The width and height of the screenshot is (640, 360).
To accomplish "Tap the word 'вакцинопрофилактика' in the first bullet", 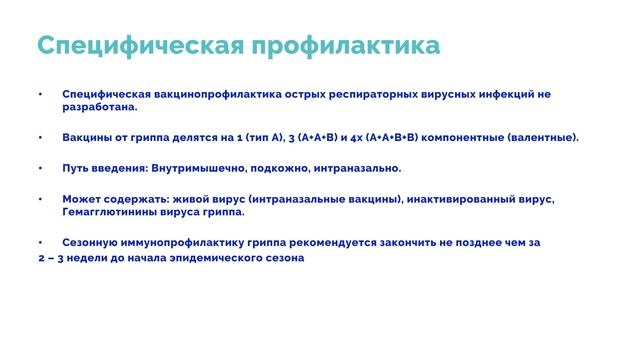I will (x=207, y=94).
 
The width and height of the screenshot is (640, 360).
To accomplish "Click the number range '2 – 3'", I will (x=43, y=258).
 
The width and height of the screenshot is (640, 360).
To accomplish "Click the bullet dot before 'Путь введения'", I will (x=40, y=168).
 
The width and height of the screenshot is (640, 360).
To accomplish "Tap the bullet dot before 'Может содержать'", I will (x=40, y=199).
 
